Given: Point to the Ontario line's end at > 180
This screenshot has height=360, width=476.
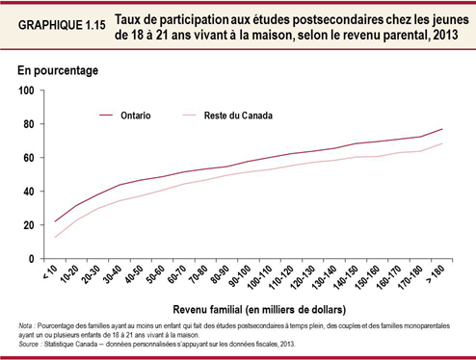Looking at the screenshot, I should coord(442,129).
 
